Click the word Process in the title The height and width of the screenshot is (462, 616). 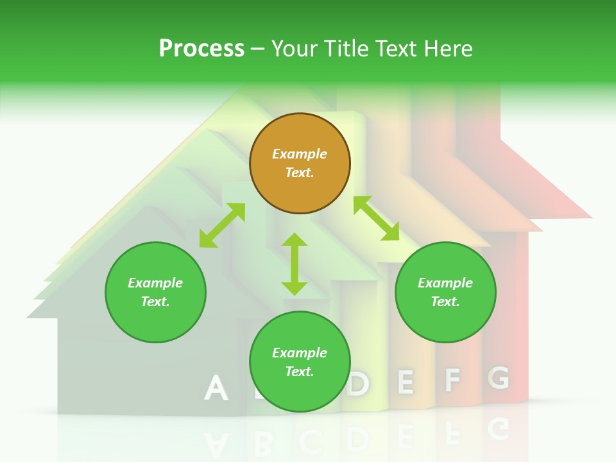(201, 49)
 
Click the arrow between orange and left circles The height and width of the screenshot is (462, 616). (222, 225)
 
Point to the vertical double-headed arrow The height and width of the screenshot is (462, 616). (295, 264)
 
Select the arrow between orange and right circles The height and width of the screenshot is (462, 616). (377, 218)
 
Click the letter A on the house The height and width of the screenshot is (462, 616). (216, 388)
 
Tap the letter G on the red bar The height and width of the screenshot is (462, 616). (499, 378)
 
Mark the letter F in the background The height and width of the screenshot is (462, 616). (453, 381)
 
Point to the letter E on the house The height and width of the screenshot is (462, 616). (405, 382)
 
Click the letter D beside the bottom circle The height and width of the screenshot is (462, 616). (359, 384)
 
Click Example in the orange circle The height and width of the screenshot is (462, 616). (300, 154)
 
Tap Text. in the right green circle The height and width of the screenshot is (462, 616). (445, 302)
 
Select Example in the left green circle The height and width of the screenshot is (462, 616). (155, 283)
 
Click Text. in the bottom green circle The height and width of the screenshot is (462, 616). (300, 372)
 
